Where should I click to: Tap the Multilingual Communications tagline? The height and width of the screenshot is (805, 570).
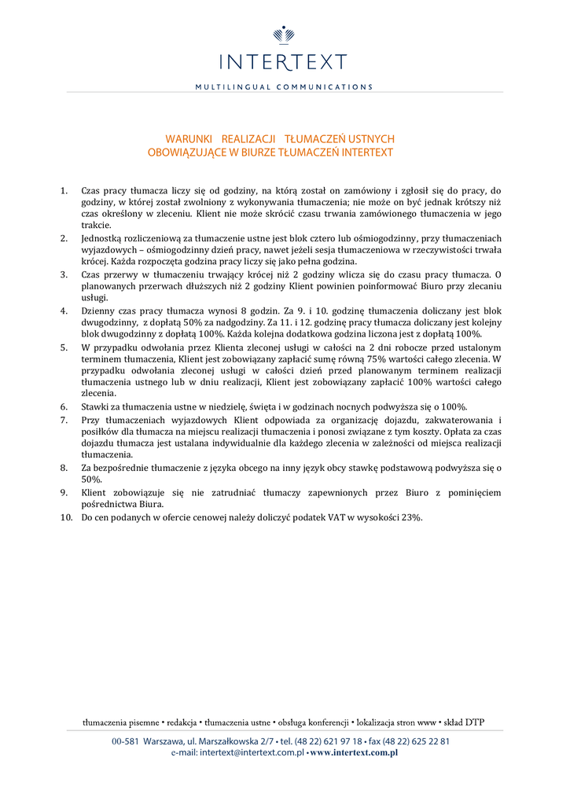pos(285,86)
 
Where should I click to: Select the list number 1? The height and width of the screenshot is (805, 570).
pos(64,190)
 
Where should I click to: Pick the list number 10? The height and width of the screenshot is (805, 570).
pos(66,517)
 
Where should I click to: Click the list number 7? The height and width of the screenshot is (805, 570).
pos(64,420)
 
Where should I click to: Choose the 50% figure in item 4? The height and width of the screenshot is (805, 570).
pos(192,323)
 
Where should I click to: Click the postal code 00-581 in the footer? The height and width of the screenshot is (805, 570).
pos(125,741)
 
